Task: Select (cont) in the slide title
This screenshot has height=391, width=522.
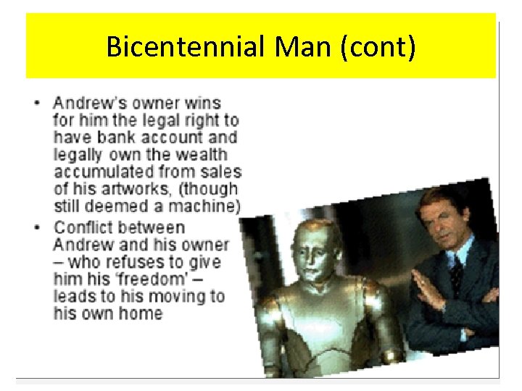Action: (381, 47)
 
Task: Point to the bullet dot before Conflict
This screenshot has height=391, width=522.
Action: (37, 227)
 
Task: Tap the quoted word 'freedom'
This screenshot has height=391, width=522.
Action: (130, 279)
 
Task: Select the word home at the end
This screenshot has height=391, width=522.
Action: (142, 314)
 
